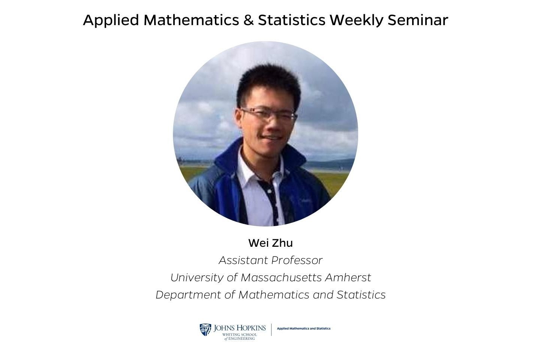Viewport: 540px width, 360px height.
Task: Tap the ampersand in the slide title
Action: [248, 20]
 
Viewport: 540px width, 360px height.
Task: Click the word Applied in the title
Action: [111, 20]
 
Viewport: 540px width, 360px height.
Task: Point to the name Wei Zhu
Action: [270, 243]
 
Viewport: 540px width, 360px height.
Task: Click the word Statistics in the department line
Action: [361, 295]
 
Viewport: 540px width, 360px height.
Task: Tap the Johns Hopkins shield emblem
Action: [205, 330]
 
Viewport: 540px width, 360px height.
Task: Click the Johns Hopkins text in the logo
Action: [240, 328]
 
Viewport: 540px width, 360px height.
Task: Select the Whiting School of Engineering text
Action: [240, 336]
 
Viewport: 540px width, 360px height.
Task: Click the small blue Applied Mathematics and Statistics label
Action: [303, 328]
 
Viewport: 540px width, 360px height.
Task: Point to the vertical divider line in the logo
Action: [271, 330]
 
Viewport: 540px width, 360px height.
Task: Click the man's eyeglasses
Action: [268, 114]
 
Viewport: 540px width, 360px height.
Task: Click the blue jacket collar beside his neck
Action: [228, 157]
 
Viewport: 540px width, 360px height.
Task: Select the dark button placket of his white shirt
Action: [271, 199]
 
